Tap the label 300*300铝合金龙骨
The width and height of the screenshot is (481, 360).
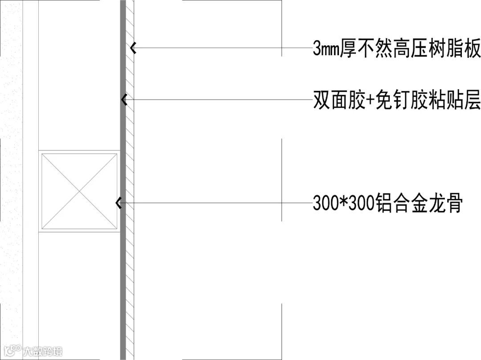(387, 204)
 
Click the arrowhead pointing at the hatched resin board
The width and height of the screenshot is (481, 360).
(132, 48)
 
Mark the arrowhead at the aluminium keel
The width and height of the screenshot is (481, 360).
(118, 203)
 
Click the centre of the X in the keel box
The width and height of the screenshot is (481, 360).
(79, 191)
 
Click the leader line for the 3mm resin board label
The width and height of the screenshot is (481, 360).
(223, 48)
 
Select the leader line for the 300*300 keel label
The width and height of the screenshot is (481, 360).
(214, 203)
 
